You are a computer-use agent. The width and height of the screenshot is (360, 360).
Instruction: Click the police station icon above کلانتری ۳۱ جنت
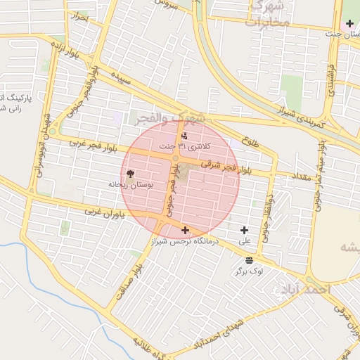184,136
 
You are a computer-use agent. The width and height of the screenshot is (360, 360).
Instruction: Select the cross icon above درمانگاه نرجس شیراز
185,230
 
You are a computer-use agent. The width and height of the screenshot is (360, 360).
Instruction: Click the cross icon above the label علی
245,230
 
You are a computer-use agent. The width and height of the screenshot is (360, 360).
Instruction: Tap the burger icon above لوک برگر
250,259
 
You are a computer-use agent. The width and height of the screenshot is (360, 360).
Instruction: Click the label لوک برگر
250,270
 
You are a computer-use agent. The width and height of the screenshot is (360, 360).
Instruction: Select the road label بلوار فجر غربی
92,147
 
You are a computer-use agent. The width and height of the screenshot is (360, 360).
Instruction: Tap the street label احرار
80,16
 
